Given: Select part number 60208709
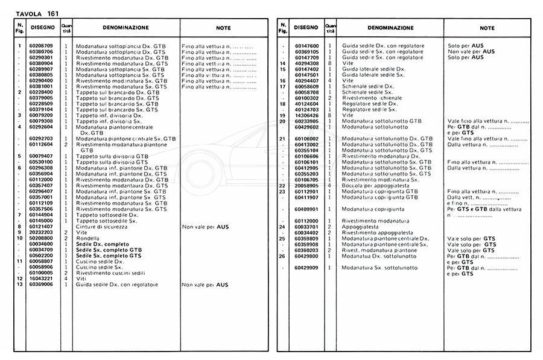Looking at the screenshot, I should point(41,46).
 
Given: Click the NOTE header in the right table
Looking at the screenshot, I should point(487,28).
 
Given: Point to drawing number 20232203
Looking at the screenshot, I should point(41,232).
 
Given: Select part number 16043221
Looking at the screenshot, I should point(41,278).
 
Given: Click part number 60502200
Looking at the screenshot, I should point(41,255).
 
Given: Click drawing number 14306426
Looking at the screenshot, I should point(306,115).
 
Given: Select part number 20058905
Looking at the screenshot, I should point(306,186).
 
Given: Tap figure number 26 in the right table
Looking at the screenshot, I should point(282,256).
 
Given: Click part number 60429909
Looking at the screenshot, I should point(306,267).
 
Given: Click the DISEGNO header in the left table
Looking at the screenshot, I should point(41,28).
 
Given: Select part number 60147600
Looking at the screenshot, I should point(306,46).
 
